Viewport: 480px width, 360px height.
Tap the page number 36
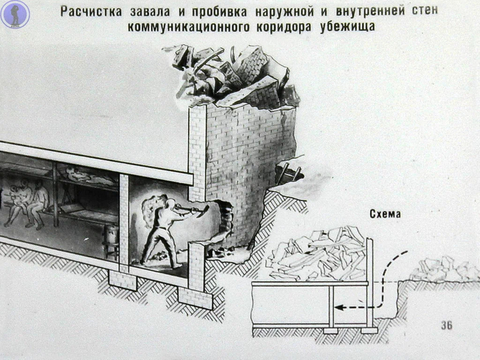tap(447, 325)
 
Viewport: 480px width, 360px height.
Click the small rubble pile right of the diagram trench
tap(439, 269)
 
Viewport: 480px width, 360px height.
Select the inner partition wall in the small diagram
tap(332, 304)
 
